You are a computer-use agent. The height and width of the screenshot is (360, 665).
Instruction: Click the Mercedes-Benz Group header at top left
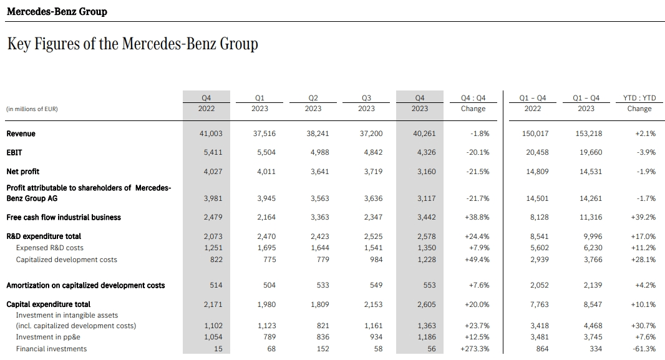tap(57, 11)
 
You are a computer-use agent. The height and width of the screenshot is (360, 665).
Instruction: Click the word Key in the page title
tap(19, 44)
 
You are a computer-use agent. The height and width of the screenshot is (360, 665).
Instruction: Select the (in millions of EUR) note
tap(32, 109)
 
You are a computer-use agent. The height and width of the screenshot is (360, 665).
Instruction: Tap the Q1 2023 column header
tap(260, 103)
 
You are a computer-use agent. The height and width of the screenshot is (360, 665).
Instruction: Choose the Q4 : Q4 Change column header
tap(473, 103)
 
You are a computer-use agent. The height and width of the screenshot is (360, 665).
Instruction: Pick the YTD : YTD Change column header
tap(639, 103)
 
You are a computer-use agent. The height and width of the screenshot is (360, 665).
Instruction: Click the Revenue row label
tap(21, 134)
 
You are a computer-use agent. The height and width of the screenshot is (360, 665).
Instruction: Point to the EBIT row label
tap(14, 152)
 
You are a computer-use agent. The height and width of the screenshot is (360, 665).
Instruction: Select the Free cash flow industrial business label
tap(64, 217)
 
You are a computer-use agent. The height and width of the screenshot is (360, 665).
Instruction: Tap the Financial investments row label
tap(51, 349)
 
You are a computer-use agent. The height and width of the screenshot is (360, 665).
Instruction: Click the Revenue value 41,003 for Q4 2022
tap(211, 134)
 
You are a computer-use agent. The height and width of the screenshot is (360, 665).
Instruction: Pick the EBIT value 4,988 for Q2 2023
tap(320, 152)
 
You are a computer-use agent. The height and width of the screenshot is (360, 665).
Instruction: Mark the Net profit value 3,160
tap(426, 172)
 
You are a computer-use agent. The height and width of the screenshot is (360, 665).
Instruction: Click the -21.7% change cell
tap(478, 198)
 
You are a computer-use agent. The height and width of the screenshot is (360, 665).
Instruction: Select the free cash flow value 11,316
tap(590, 217)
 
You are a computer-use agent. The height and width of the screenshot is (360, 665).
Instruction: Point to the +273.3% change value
tap(475, 349)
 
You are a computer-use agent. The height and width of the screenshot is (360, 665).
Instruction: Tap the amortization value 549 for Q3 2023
tap(376, 285)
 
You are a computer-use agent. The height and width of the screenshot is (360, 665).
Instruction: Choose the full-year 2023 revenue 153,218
tap(589, 134)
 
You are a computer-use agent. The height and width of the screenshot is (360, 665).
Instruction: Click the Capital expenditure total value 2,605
tap(426, 304)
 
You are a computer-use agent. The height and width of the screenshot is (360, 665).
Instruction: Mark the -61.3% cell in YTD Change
tap(644, 349)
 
